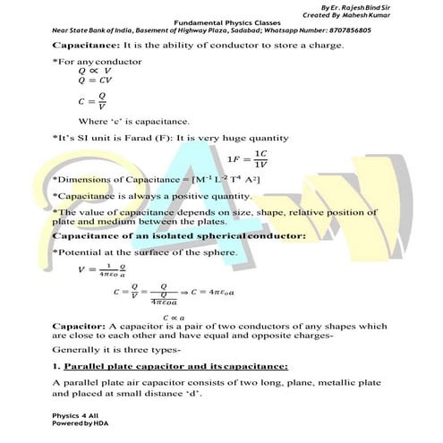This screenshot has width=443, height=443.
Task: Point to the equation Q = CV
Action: (94, 78)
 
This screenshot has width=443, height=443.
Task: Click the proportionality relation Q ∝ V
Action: (93, 69)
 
